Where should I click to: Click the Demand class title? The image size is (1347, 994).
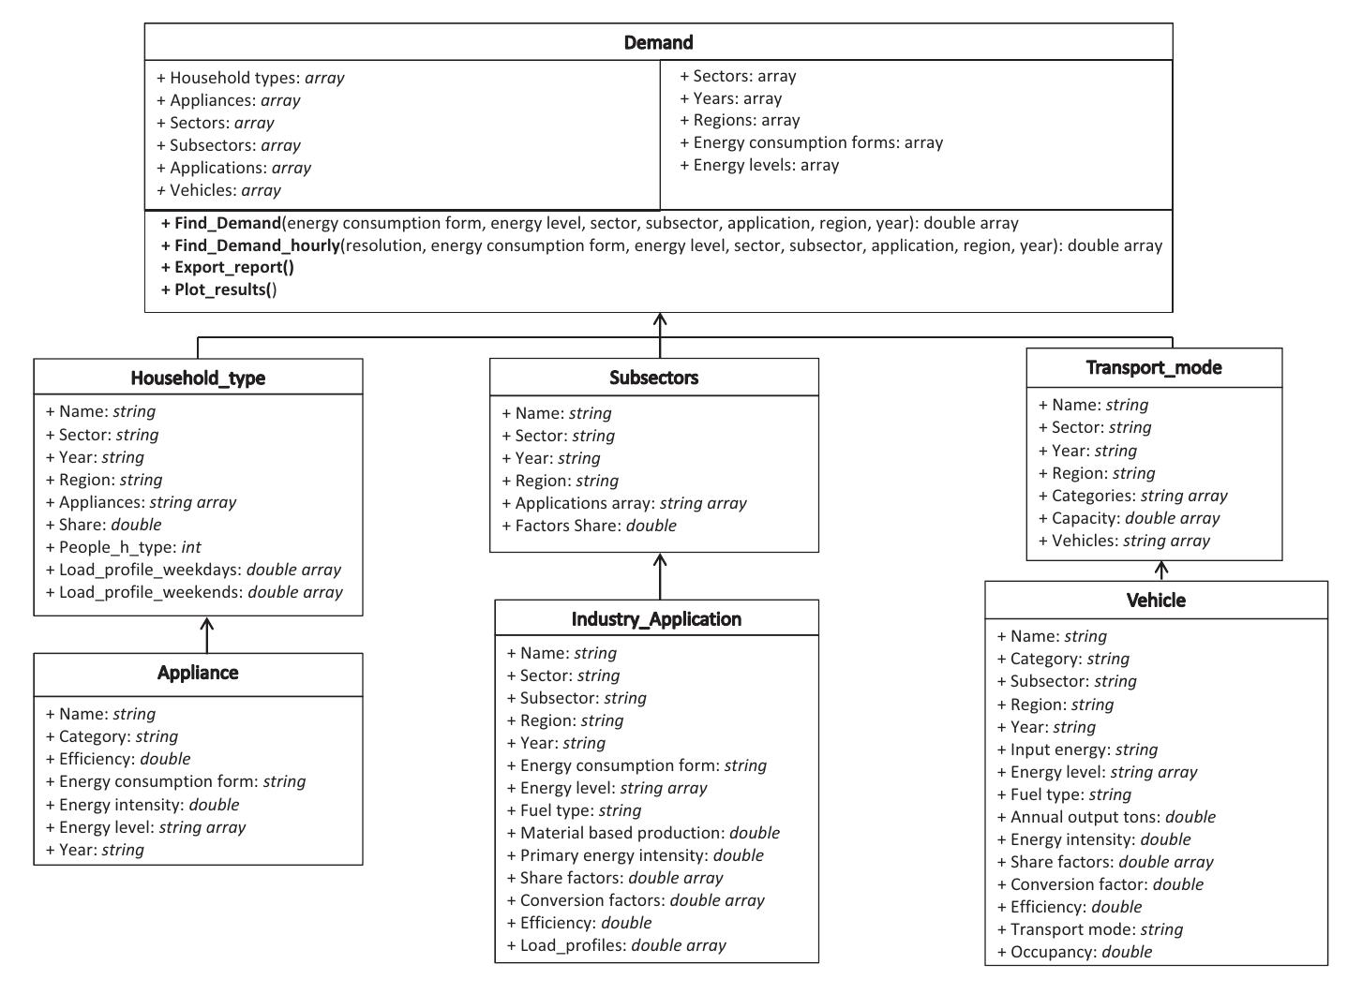click(658, 42)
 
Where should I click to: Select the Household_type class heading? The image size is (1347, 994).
click(198, 378)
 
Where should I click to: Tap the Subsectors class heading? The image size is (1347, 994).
click(653, 378)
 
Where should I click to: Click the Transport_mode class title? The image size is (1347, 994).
click(1154, 367)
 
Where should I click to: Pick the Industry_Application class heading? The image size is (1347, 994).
click(656, 619)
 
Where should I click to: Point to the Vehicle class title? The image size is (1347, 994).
click(1156, 601)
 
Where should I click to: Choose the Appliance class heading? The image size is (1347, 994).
click(198, 673)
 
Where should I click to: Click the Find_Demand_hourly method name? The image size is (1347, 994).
click(258, 245)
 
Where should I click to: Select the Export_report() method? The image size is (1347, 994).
click(233, 267)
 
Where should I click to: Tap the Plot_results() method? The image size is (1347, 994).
click(225, 289)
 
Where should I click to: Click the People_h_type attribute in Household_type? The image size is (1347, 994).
click(124, 547)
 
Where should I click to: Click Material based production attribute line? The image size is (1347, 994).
click(643, 833)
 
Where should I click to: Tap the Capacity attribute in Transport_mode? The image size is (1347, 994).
click(1129, 518)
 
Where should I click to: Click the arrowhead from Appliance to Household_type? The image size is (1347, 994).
click(207, 623)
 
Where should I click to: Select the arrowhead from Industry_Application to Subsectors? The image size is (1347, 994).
click(660, 560)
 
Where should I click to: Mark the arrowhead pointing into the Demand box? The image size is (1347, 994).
click(660, 320)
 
